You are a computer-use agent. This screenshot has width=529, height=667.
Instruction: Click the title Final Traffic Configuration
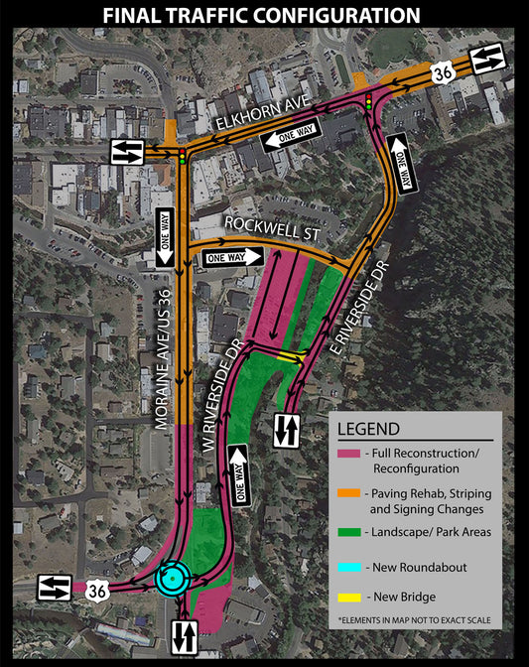[x=264, y=15]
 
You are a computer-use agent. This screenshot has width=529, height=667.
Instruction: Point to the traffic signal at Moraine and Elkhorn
[x=183, y=157]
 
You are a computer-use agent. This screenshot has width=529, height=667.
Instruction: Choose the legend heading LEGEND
[x=369, y=429]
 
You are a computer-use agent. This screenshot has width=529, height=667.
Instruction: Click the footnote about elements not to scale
[x=413, y=619]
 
